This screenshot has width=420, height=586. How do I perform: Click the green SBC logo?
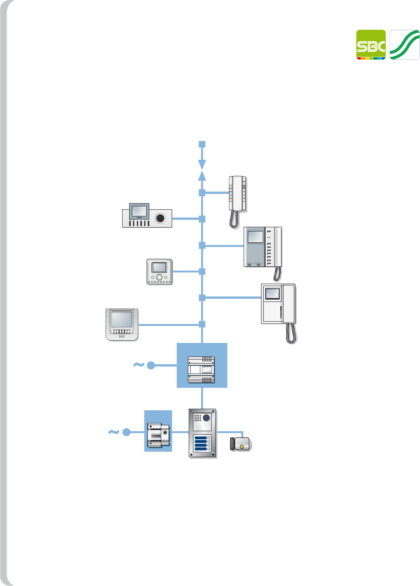(x=371, y=45)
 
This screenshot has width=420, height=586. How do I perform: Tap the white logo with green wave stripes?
(x=405, y=45)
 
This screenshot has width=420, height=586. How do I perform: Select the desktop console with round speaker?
(x=147, y=216)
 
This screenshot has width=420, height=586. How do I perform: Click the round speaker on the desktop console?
(x=160, y=218)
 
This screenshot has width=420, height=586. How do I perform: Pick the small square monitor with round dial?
(x=159, y=272)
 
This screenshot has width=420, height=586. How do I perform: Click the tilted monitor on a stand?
(x=122, y=324)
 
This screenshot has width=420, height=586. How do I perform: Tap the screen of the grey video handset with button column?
(x=255, y=237)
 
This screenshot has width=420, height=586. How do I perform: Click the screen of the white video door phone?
(x=272, y=293)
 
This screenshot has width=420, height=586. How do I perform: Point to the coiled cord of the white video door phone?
(x=291, y=333)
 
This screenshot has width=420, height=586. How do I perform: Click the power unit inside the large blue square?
(x=201, y=370)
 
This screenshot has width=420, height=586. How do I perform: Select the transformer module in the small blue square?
(x=158, y=435)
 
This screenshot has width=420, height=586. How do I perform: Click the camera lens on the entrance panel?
(x=207, y=418)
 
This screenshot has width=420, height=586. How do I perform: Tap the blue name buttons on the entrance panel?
(x=201, y=443)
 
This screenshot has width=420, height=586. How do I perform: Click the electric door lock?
(x=241, y=444)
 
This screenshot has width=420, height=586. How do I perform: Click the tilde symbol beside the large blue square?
(x=138, y=365)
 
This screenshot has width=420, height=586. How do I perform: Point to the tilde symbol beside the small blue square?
(x=113, y=432)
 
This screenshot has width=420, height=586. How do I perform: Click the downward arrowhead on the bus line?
(x=202, y=164)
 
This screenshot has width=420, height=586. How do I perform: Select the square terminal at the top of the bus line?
(x=202, y=144)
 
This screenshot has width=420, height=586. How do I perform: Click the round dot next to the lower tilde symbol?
(x=126, y=432)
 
